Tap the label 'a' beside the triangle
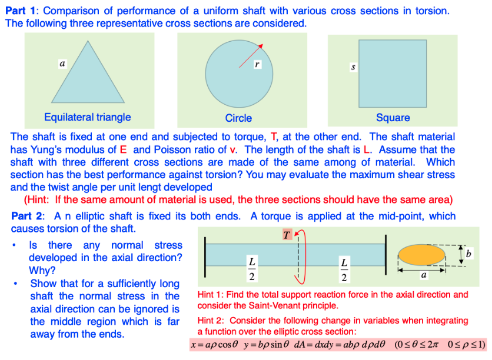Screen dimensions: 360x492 pos(61,62)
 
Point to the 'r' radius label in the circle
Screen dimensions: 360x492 pos(257,63)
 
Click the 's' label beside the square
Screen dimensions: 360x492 pos(353,68)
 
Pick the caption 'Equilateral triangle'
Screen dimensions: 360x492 pos(87,117)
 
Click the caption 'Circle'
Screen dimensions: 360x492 pos(238,118)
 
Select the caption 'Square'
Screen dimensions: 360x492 pos(393,118)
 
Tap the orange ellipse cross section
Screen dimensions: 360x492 pos(421,254)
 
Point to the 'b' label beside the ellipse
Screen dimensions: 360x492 pos(468,254)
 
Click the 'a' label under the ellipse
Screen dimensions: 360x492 pos(424,274)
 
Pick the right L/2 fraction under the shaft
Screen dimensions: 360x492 pos(344,268)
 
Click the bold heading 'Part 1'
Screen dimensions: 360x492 pos(21,11)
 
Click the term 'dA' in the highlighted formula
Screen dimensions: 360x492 pos(305,344)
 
